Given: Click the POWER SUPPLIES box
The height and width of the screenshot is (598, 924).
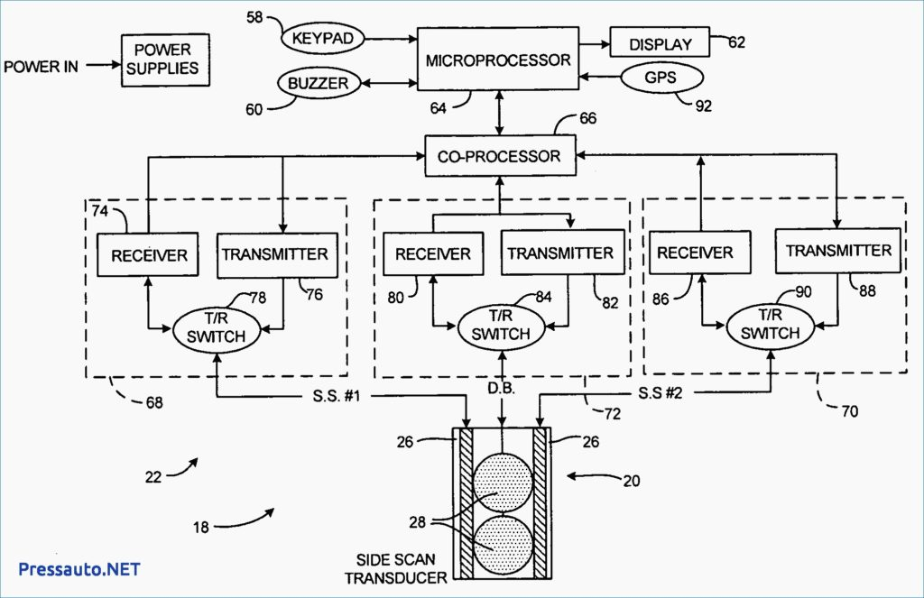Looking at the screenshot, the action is click(165, 60).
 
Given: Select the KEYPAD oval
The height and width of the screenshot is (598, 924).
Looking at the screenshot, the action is click(322, 39).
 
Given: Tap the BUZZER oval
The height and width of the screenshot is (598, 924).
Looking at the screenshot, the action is click(319, 83).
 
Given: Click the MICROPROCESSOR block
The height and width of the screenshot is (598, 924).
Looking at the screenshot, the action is click(498, 59).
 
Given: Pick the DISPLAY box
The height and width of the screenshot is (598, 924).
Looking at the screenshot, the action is click(660, 42).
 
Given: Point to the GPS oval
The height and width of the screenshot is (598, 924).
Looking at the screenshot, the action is click(661, 78).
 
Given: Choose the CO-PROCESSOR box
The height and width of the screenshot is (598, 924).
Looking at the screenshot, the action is click(500, 155).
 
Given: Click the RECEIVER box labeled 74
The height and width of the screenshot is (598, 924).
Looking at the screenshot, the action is click(147, 254).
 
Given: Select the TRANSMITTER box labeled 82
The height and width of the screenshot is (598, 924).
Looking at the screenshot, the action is click(562, 253).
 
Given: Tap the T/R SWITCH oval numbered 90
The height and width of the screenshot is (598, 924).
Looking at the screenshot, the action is click(771, 325).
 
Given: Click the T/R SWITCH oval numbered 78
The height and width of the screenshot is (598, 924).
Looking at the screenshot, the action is click(217, 328).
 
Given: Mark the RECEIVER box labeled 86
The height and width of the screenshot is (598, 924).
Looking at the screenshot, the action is click(699, 253).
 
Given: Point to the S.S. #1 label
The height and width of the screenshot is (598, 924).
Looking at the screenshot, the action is click(337, 395).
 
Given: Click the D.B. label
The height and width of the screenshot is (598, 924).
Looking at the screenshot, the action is click(501, 388).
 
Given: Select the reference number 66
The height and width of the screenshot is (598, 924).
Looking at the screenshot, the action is click(587, 118).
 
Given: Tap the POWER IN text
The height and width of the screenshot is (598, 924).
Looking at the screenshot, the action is click(41, 66).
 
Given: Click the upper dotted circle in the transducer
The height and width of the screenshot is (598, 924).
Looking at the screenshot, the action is click(504, 483).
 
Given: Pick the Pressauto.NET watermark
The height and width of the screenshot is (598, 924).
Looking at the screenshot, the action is click(79, 569).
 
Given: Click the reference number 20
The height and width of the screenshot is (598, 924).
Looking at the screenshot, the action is click(631, 481).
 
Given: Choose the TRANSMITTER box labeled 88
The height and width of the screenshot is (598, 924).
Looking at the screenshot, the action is click(838, 251).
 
